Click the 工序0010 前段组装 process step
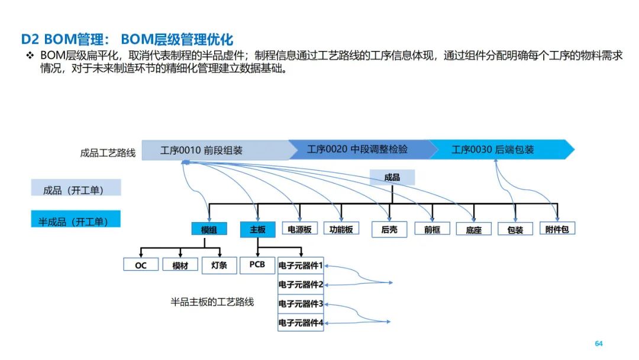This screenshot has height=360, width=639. [x=201, y=150]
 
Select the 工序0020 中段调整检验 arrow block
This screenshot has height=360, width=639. [x=357, y=149]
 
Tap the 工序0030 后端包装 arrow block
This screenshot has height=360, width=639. [x=493, y=150]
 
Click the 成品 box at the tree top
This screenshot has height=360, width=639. [x=392, y=177]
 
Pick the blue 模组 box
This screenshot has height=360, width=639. [x=209, y=230]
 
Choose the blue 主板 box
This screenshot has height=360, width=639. [x=257, y=230]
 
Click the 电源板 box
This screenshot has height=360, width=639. [x=299, y=229]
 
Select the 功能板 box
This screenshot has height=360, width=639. [x=341, y=229]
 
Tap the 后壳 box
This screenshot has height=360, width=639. [x=389, y=230]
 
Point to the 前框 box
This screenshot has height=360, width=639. [x=432, y=230]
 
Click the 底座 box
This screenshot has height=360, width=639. [x=473, y=230]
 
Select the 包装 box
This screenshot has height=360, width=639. [x=515, y=230]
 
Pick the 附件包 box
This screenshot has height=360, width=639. [x=557, y=229]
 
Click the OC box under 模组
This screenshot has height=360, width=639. [x=141, y=265]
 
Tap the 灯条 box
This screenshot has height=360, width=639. [x=219, y=265]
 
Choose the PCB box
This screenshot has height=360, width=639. [x=257, y=265]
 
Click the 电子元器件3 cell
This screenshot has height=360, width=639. [x=301, y=304]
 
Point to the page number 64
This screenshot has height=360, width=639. [x=598, y=344]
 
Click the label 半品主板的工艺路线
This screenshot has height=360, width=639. [x=212, y=302]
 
